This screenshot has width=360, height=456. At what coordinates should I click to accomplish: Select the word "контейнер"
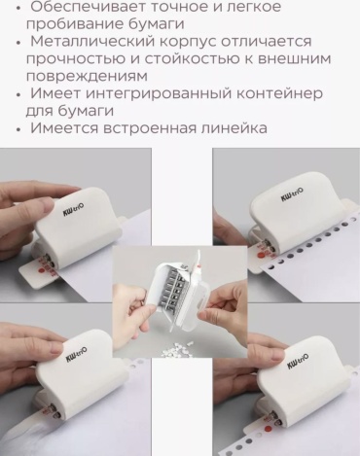279,93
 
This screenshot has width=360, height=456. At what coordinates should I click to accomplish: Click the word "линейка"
234,127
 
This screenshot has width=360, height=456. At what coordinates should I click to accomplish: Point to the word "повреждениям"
87,77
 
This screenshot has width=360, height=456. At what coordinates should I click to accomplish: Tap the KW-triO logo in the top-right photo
293,194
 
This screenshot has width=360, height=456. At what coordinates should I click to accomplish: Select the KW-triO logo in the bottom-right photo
298,362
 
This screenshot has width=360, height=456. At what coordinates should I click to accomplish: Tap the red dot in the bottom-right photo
269,429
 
